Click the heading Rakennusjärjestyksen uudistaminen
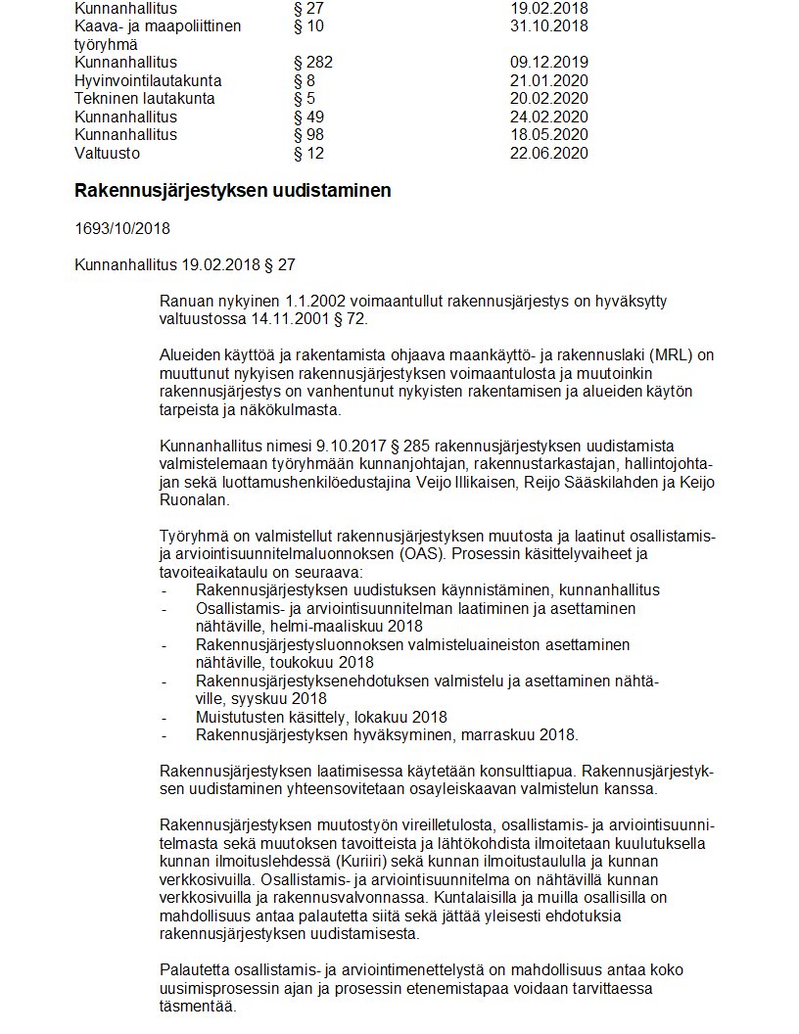pyautogui.click(x=232, y=191)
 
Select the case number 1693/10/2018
pyautogui.click(x=121, y=229)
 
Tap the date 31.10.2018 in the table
pyautogui.click(x=548, y=26)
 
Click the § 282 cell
pyautogui.click(x=313, y=63)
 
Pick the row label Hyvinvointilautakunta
pyautogui.click(x=148, y=80)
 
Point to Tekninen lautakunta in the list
pyautogui.click(x=144, y=99)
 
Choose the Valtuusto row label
pyautogui.click(x=107, y=153)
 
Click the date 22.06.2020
pyautogui.click(x=548, y=153)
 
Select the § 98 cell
pyautogui.click(x=308, y=134)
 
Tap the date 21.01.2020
pyautogui.click(x=548, y=80)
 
